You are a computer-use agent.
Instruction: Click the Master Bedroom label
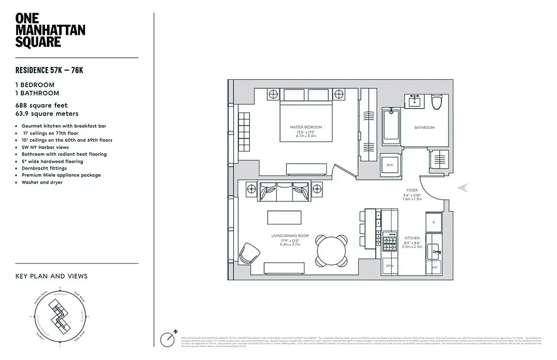tap(306, 127)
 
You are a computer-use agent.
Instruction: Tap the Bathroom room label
tap(424, 128)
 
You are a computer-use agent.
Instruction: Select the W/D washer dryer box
tap(389, 165)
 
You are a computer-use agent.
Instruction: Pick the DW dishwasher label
tap(435, 267)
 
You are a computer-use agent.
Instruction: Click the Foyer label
tap(412, 190)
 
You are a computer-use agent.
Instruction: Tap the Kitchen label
tap(412, 238)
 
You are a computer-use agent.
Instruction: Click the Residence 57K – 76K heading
tap(50, 70)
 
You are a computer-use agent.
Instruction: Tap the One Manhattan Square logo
tap(50, 30)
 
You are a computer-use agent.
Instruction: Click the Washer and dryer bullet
tap(42, 182)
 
